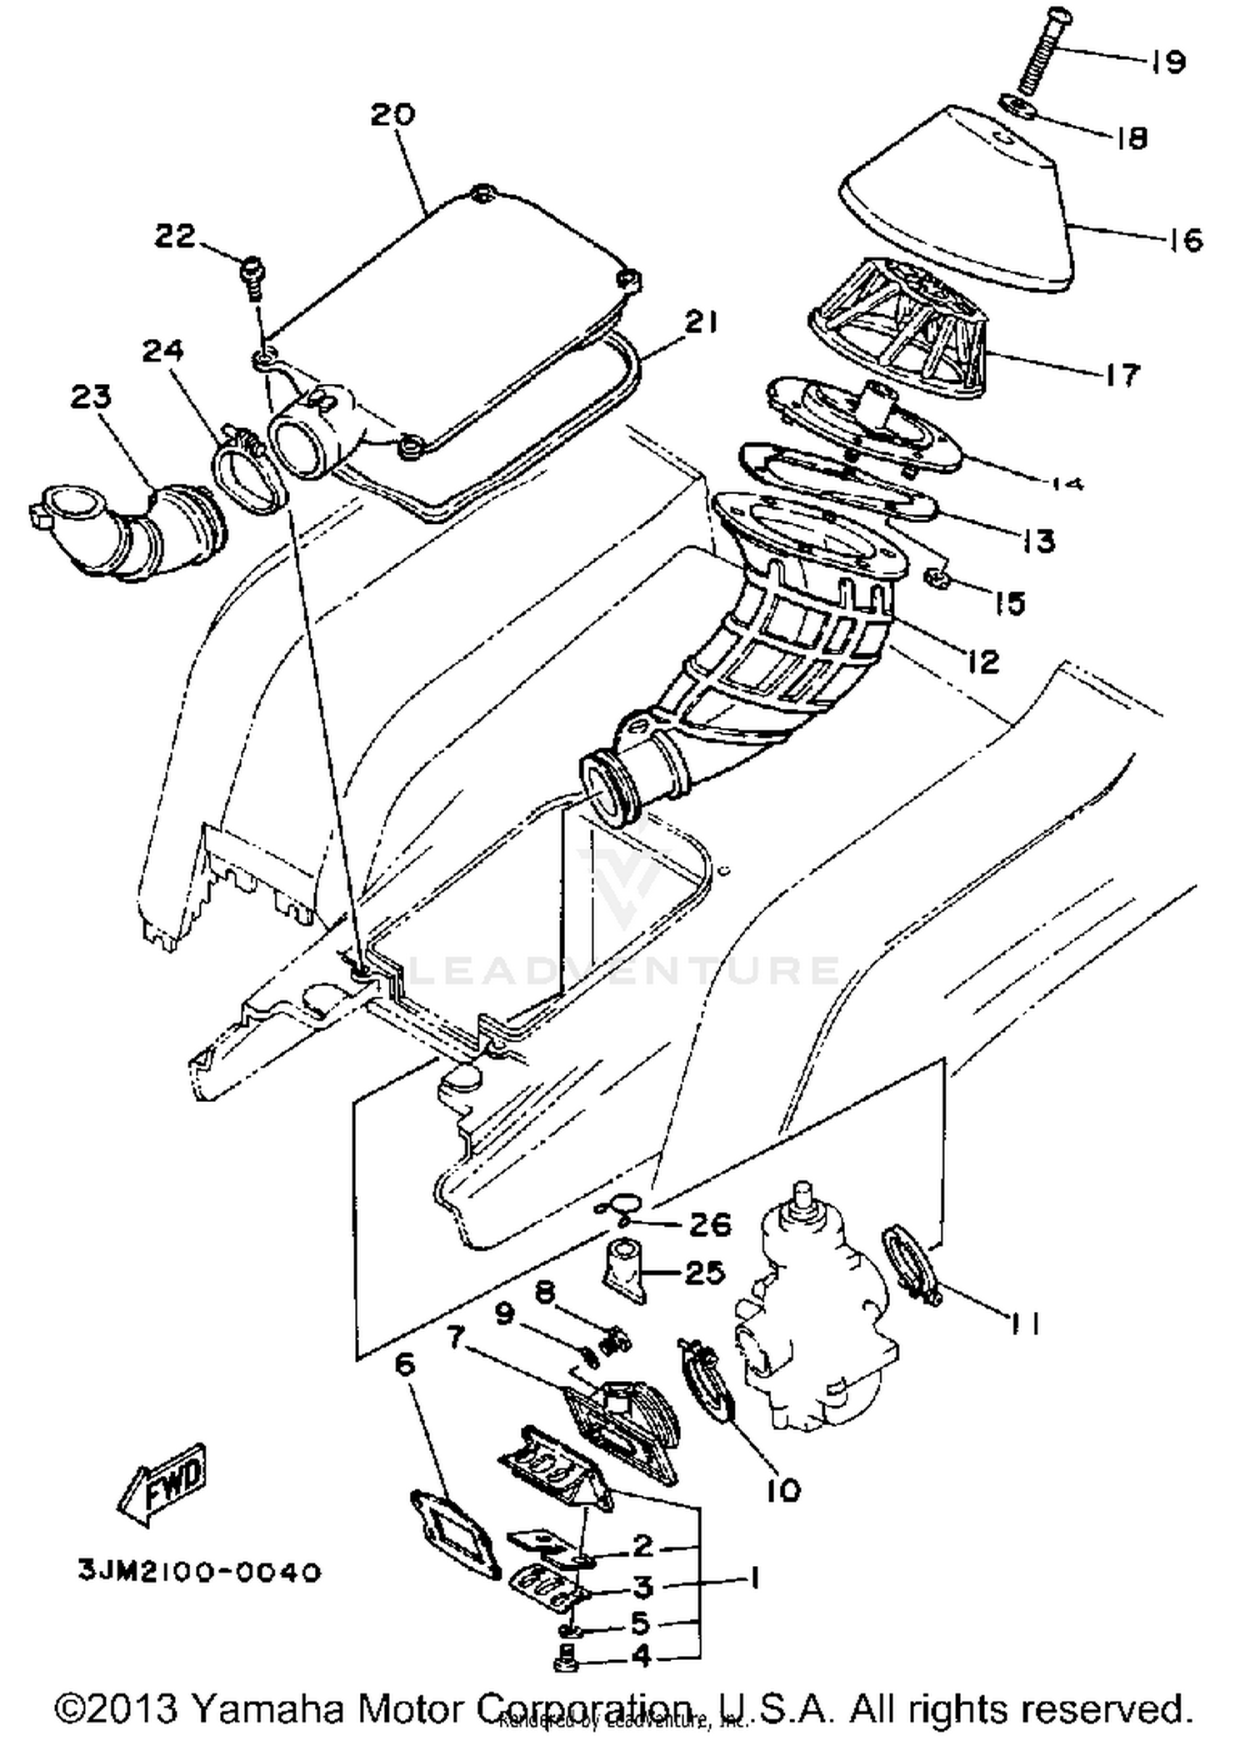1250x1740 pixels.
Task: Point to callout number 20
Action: coord(392,114)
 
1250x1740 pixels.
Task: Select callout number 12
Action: coord(982,661)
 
